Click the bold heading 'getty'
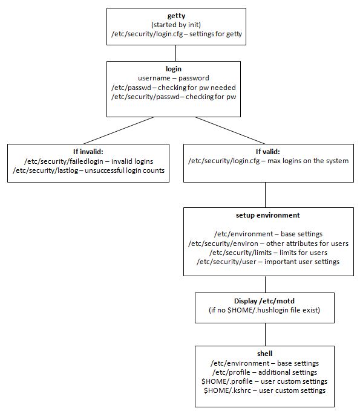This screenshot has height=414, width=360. (x=177, y=16)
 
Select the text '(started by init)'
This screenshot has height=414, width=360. (x=177, y=25)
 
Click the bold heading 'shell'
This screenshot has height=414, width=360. (x=264, y=354)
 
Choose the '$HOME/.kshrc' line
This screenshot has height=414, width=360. (x=264, y=390)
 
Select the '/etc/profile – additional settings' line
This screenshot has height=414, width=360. (x=264, y=372)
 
